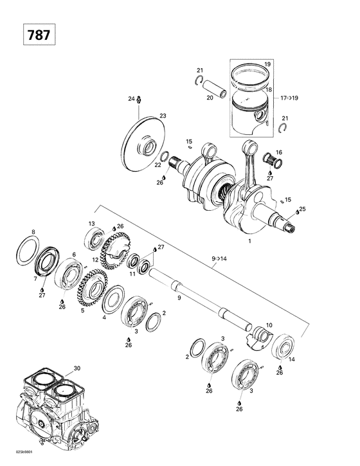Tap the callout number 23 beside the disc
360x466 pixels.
(x=163, y=116)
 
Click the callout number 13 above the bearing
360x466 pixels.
(x=91, y=223)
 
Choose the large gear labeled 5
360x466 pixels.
(x=91, y=289)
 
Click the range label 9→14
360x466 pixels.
(x=219, y=258)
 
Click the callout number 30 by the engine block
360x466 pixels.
(x=76, y=368)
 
